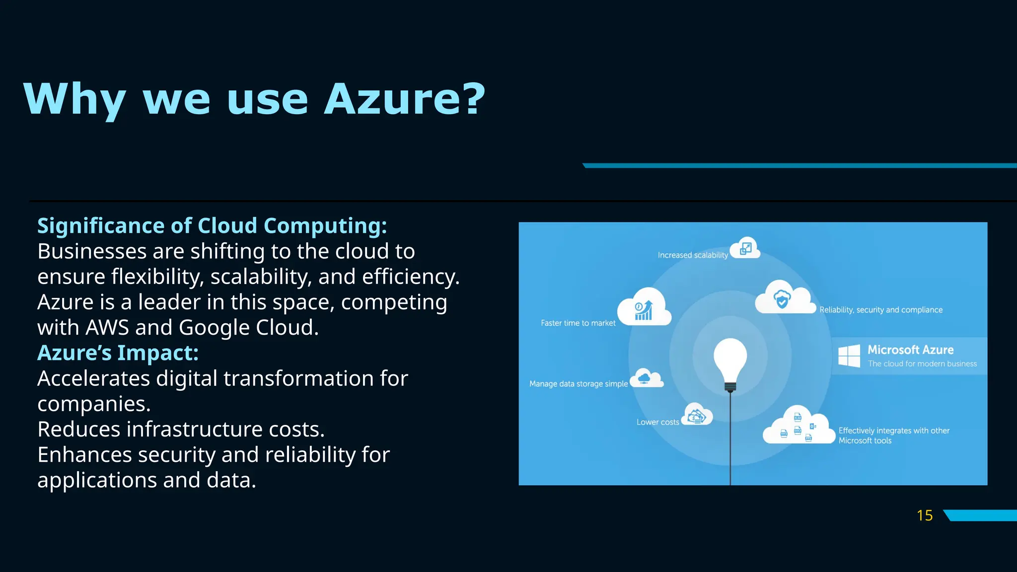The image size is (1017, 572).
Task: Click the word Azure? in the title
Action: pos(404,99)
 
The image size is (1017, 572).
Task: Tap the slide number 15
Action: pos(924,515)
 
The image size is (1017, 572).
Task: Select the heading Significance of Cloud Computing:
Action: pos(212,226)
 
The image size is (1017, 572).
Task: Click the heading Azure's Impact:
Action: pos(118,353)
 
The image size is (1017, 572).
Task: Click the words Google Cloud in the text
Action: pos(248,328)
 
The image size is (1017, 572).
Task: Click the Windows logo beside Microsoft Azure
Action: pos(849,356)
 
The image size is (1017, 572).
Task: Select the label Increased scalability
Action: pos(692,255)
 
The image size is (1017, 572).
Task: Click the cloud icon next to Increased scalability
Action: pos(745,248)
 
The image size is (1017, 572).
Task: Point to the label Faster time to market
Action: pos(578,323)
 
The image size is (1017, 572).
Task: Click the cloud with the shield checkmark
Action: pos(784,298)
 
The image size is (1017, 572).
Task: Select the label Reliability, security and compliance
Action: pos(880,310)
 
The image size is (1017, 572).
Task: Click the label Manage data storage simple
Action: pos(578,384)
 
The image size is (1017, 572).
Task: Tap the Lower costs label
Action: pos(657,422)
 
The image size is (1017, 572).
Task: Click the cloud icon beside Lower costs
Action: pos(697,415)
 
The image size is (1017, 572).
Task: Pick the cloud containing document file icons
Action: pos(799,427)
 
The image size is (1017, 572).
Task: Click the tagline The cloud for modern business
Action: pos(922,364)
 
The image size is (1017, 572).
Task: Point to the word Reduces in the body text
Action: pos(78,429)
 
